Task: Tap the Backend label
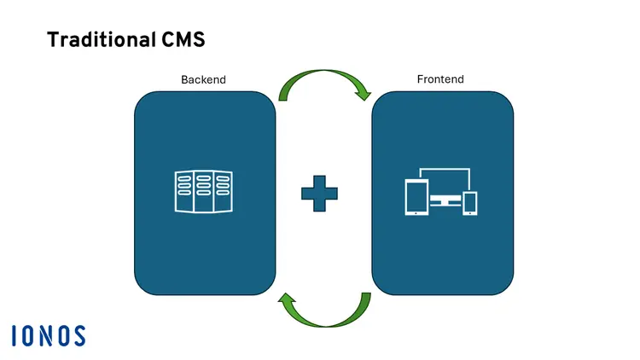coord(204,79)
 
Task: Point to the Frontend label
coord(440,79)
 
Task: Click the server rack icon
coord(203,192)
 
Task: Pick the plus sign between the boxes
coord(319,194)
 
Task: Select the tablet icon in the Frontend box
coord(416,197)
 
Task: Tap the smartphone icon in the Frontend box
coord(469,203)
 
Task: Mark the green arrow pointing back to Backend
coord(324,312)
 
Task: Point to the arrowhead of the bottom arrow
coord(288,301)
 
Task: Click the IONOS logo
coord(49,335)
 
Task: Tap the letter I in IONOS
coord(15,335)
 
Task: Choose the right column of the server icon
coord(223,192)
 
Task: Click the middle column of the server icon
coord(204,192)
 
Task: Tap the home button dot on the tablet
coord(416,212)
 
